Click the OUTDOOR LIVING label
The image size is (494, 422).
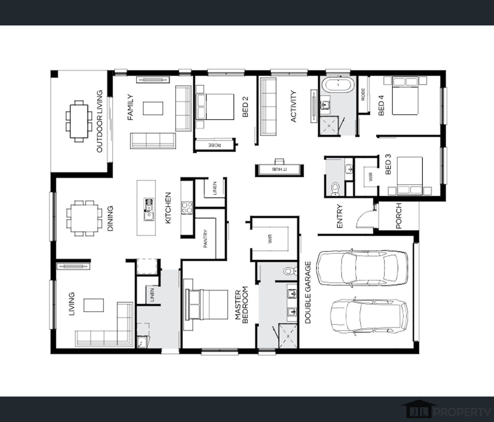click(100, 121)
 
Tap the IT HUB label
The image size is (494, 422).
click(279, 168)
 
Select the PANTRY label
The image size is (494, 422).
click(206, 239)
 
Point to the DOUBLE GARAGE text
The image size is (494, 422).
click(308, 293)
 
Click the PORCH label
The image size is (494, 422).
click(399, 216)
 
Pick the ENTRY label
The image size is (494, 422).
click(339, 216)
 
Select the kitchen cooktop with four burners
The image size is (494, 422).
click(187, 208)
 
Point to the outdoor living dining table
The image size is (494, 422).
click(79, 121)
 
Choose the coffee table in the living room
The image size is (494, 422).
click(94, 305)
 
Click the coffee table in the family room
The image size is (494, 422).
click(153, 108)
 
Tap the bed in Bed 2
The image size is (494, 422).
click(215, 107)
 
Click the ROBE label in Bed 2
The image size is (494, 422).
click(215, 145)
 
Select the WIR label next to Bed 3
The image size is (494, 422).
click(371, 177)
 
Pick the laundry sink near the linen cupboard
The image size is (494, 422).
click(141, 343)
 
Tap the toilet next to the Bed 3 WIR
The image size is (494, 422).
click(335, 189)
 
